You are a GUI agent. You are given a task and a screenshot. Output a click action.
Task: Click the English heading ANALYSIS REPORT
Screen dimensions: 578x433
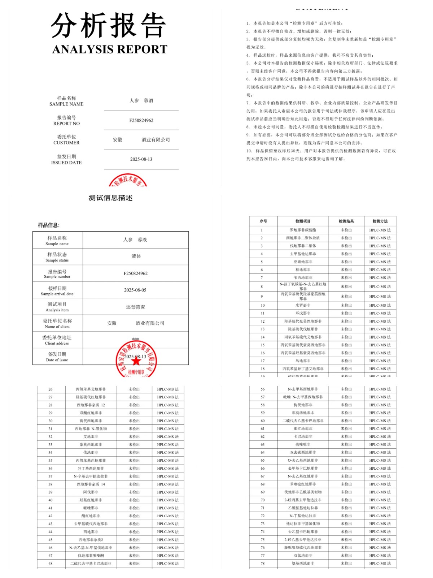tap(110, 49)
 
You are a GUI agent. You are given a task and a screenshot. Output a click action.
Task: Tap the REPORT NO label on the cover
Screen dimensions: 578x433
tap(66, 123)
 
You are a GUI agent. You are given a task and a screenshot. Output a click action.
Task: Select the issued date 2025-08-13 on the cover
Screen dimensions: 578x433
tap(141, 159)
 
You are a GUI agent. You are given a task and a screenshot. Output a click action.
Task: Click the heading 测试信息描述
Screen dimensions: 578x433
tap(110, 198)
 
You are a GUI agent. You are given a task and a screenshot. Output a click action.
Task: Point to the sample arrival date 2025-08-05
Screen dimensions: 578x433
tap(135, 290)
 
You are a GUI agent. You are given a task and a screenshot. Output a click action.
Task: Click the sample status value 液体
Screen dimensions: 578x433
tap(136, 256)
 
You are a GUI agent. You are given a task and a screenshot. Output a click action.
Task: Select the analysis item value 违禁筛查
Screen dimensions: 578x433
tap(135, 307)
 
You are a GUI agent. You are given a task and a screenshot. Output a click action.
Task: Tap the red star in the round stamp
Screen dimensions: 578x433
tap(136, 361)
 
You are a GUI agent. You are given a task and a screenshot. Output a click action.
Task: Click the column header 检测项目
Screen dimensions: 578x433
tap(303, 221)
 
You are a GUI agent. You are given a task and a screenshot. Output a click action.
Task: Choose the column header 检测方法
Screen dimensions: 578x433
tap(380, 221)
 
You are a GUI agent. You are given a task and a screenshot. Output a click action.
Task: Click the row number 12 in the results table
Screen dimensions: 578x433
tap(262, 321)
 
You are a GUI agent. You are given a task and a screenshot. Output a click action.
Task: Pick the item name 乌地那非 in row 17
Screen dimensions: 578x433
tap(303, 361)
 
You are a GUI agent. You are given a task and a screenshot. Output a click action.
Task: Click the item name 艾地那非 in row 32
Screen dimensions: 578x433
tap(91, 437)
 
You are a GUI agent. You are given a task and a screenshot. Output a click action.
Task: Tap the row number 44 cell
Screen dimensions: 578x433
tap(51, 532)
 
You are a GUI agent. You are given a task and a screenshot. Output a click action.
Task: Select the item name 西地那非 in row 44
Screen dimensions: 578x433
tap(91, 532)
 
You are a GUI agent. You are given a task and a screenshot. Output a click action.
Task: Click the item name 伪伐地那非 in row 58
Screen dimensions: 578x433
tap(303, 405)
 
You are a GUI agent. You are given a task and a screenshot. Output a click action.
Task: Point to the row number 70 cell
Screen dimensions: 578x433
tap(262, 500)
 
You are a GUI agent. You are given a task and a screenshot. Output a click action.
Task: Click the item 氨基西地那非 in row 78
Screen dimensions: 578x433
tap(303, 564)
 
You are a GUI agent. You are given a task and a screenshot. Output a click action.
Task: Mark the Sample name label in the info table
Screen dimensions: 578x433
tap(57, 244)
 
